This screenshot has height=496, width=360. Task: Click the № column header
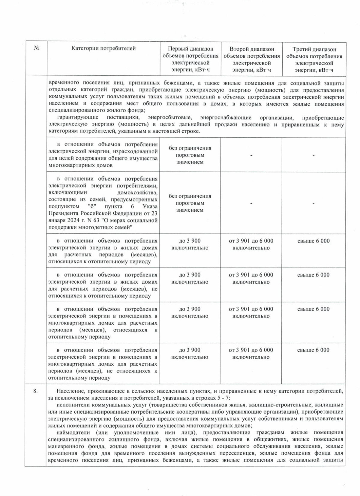(36, 48)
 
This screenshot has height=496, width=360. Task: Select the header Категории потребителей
(103, 48)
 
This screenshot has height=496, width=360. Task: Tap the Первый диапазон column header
(190, 59)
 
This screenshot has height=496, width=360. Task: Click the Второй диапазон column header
(251, 59)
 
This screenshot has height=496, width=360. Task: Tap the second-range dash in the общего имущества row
(251, 155)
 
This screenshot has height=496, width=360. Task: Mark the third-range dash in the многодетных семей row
(313, 203)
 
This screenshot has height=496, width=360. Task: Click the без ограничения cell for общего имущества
(190, 155)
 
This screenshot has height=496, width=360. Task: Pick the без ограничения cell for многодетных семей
(190, 203)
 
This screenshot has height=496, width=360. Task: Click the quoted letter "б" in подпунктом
(92, 206)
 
